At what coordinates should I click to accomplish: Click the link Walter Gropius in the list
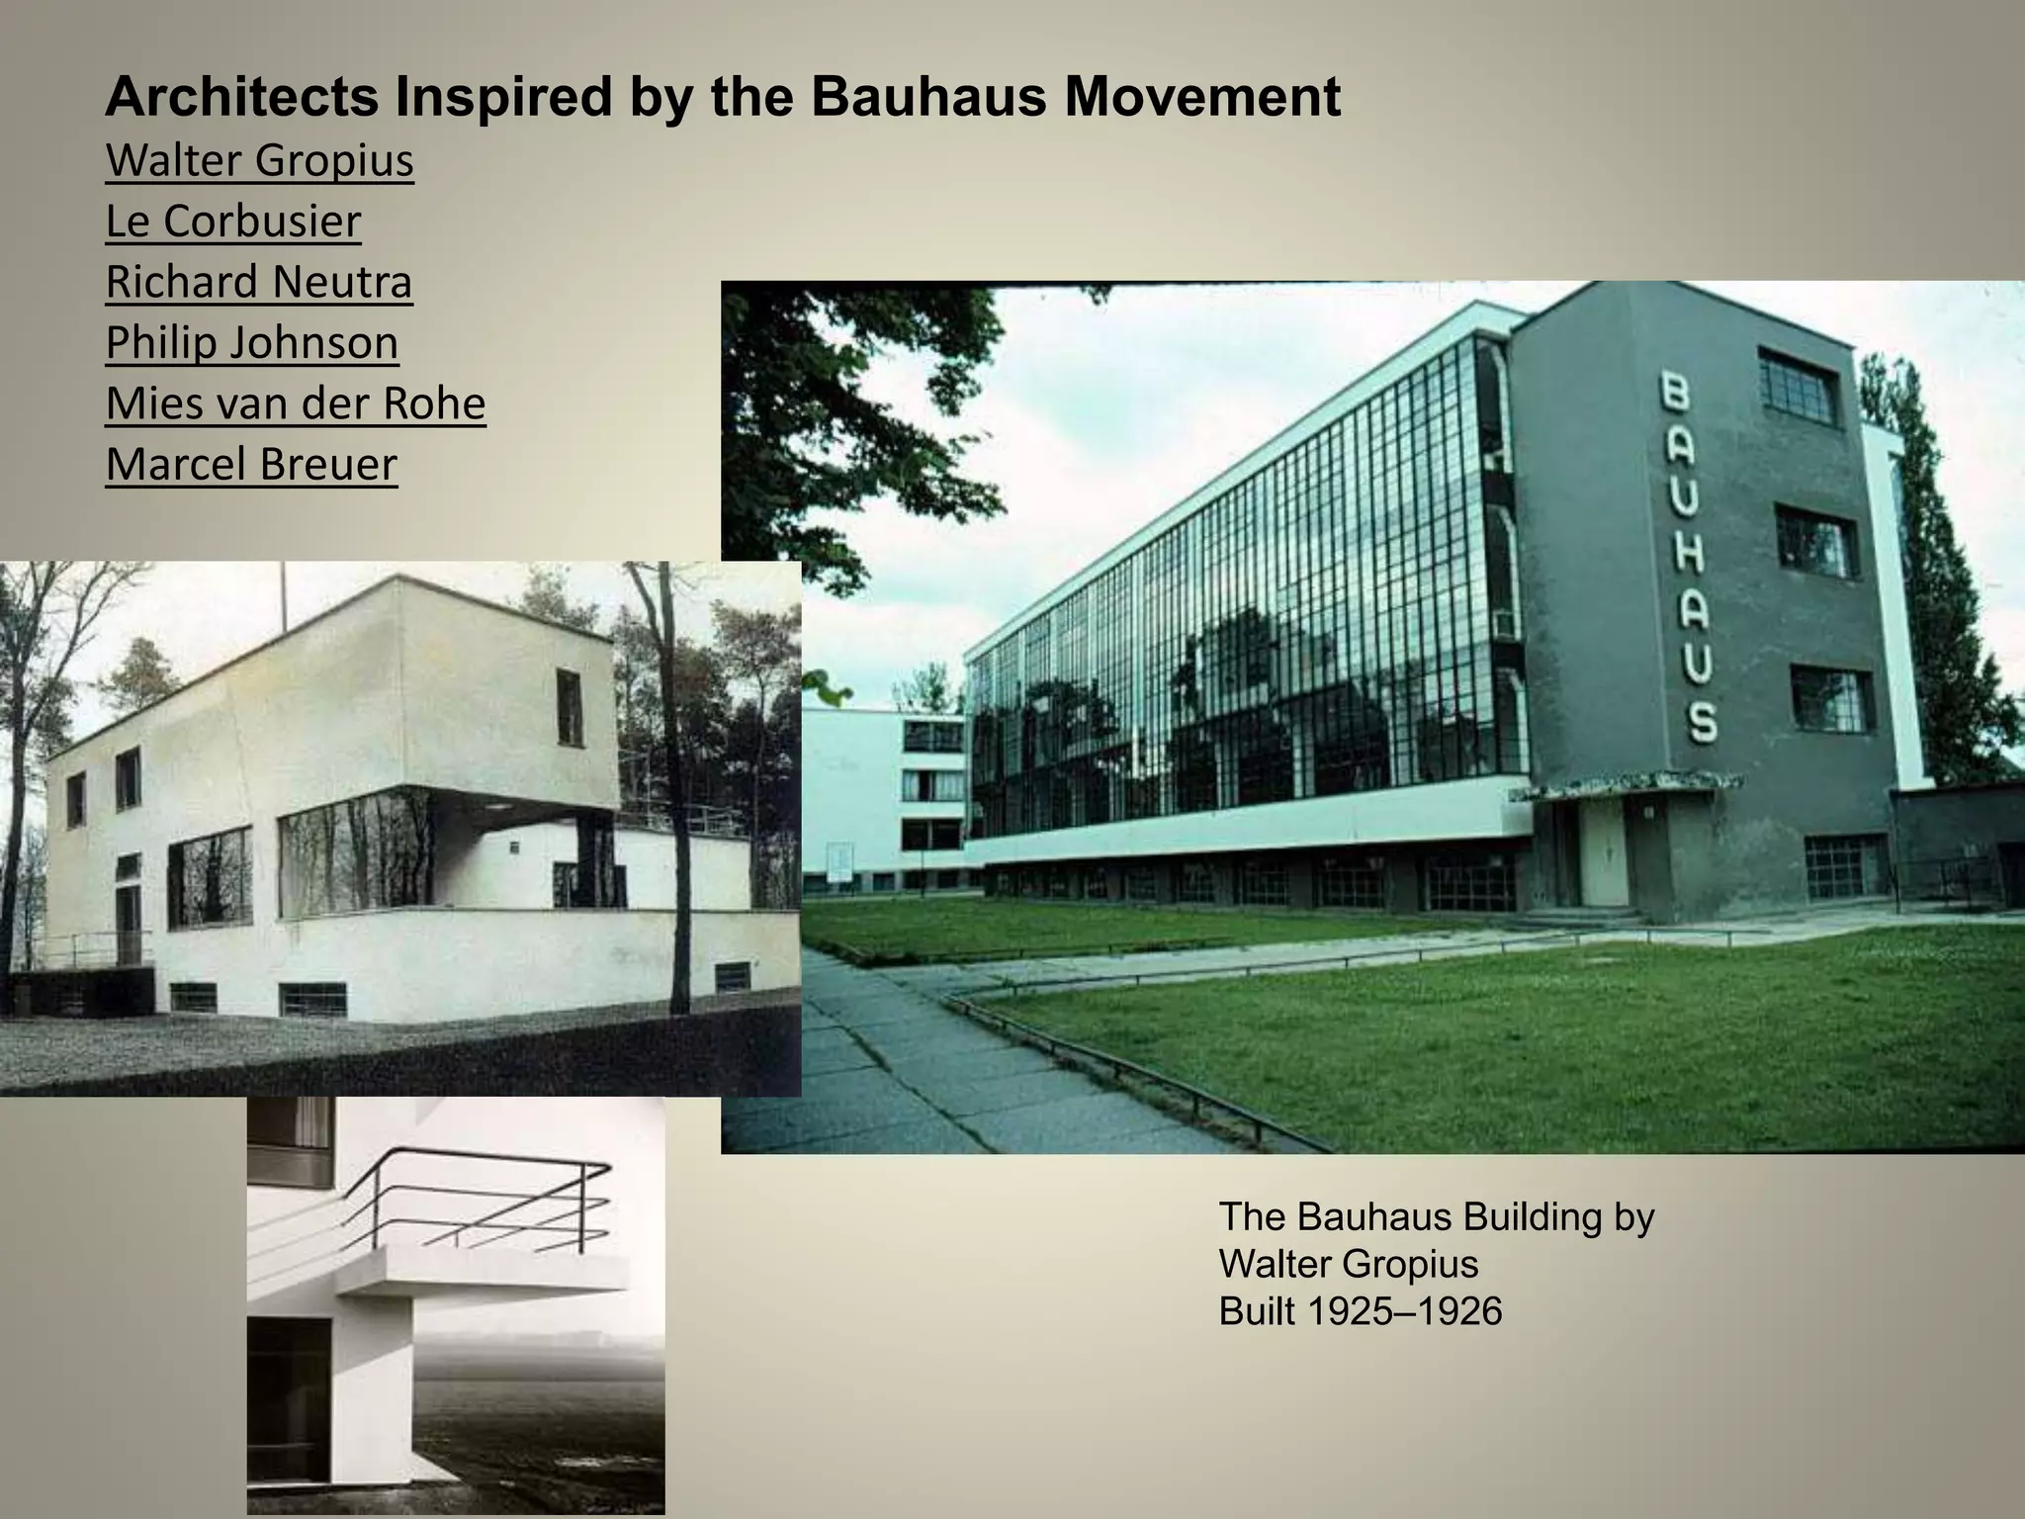pyautogui.click(x=259, y=161)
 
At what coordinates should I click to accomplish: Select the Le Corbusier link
pyautogui.click(x=233, y=222)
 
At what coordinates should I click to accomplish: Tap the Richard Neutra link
pyautogui.click(x=259, y=282)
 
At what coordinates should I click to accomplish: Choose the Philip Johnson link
pyautogui.click(x=252, y=343)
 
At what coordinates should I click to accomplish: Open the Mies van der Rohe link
pyautogui.click(x=296, y=403)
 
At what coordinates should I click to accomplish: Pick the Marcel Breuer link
pyautogui.click(x=251, y=465)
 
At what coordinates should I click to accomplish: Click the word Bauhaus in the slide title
pyautogui.click(x=927, y=97)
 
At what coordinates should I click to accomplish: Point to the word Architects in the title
pyautogui.click(x=242, y=97)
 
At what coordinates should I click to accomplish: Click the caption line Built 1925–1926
pyautogui.click(x=1360, y=1311)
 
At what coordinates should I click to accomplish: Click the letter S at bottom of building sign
pyautogui.click(x=1701, y=722)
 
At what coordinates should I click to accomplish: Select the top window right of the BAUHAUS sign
pyautogui.click(x=1797, y=385)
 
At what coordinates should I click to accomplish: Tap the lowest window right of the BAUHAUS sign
pyautogui.click(x=1846, y=867)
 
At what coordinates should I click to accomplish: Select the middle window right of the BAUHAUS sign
pyautogui.click(x=1814, y=542)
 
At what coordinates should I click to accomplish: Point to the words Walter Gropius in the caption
pyautogui.click(x=1349, y=1264)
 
